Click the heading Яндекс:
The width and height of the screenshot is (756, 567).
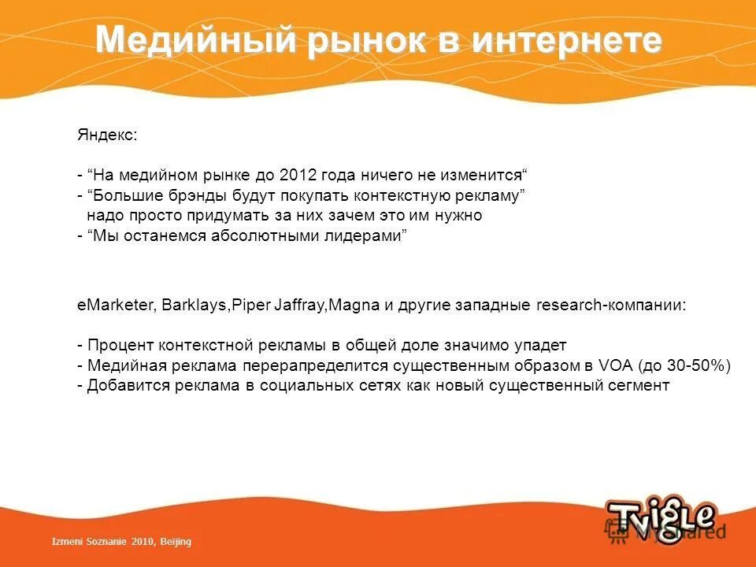tap(106, 135)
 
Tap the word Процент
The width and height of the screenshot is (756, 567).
tap(120, 346)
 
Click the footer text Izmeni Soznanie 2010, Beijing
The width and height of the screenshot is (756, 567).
tap(121, 542)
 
